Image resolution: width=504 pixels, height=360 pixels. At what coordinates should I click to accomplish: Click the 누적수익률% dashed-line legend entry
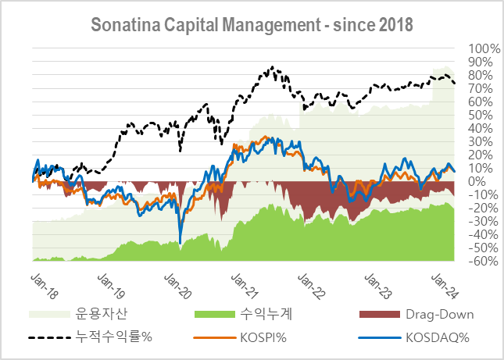click(x=114, y=338)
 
